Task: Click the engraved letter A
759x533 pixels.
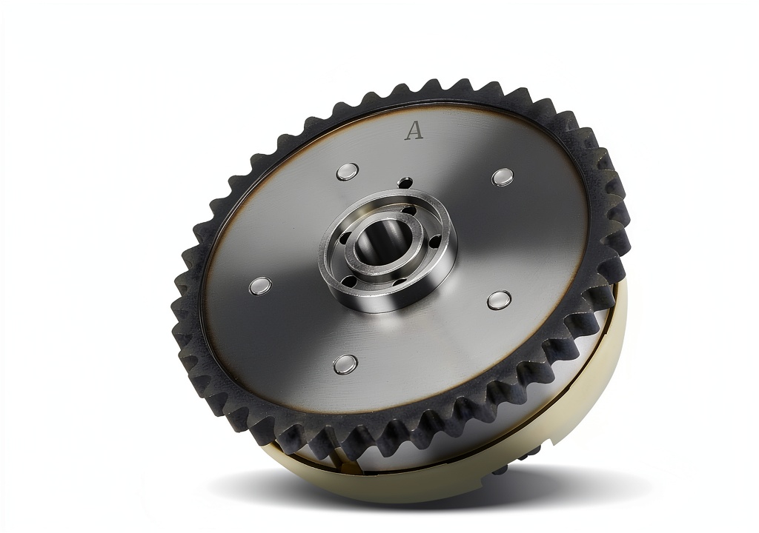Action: click(414, 130)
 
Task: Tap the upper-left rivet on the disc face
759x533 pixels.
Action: click(348, 172)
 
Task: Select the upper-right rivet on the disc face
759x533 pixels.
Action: click(503, 177)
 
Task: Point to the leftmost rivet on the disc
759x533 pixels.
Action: click(260, 286)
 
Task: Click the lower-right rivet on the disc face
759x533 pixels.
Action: click(499, 300)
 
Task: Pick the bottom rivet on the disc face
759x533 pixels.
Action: click(346, 364)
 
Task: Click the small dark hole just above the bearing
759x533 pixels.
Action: click(405, 182)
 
